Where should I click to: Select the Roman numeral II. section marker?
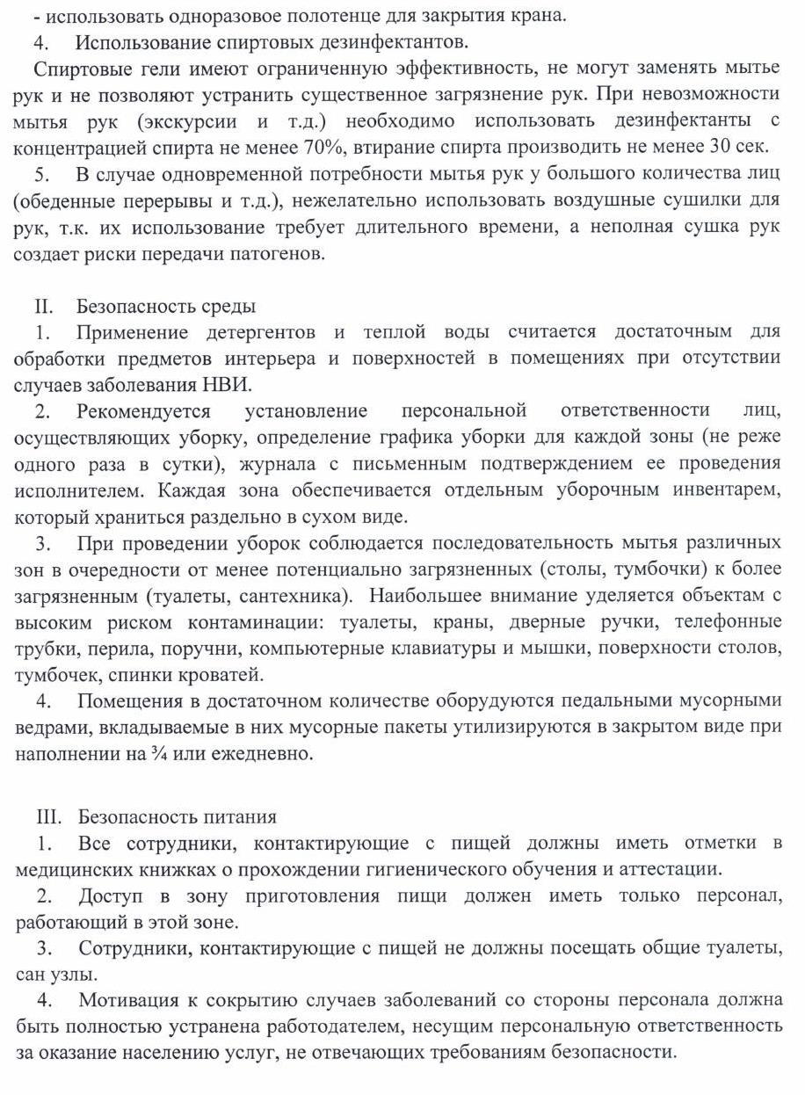click(x=45, y=307)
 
